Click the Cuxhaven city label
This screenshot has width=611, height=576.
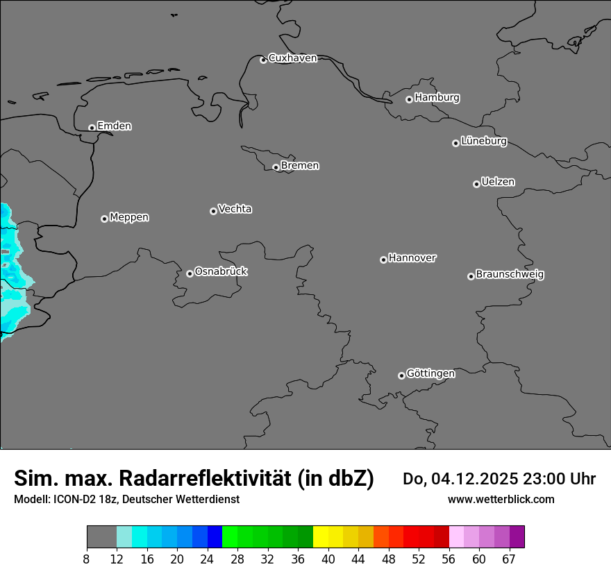(x=292, y=58)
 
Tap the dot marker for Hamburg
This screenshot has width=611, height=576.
(x=410, y=99)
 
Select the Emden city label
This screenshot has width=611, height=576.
(x=114, y=126)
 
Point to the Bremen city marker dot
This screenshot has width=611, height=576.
(x=276, y=167)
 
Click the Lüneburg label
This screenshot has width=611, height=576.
(x=483, y=142)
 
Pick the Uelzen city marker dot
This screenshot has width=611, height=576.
(x=476, y=184)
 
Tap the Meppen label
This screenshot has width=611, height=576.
(x=129, y=217)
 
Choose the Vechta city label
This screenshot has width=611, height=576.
(x=235, y=209)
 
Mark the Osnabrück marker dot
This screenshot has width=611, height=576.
(x=190, y=273)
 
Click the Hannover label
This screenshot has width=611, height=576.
(x=412, y=258)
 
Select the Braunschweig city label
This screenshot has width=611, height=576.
(x=510, y=275)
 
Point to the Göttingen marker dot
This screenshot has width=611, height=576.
(x=401, y=375)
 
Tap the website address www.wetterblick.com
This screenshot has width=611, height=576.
(x=501, y=499)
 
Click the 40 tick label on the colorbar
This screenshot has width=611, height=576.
(x=328, y=559)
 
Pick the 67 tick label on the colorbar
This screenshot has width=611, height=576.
(x=509, y=559)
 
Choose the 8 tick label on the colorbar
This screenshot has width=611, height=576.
(x=87, y=559)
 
